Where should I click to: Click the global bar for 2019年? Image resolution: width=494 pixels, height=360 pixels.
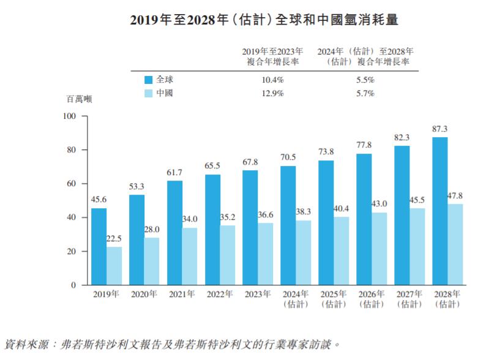click(99, 247)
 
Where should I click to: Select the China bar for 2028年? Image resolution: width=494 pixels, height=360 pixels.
click(455, 244)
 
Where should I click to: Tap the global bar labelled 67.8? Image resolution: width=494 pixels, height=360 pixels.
click(250, 228)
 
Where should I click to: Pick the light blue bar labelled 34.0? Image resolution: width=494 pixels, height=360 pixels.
click(190, 257)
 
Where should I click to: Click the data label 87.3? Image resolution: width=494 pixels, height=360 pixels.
click(440, 129)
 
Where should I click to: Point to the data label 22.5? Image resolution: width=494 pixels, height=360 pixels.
click(114, 239)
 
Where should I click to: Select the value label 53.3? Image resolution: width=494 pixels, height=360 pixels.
click(137, 187)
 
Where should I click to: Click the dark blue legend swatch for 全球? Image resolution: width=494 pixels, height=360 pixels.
click(148, 80)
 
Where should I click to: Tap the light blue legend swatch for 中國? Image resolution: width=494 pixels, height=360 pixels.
click(148, 94)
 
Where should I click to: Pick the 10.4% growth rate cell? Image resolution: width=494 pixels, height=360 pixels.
click(272, 80)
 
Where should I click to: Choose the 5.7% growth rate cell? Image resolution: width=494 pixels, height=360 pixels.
click(365, 94)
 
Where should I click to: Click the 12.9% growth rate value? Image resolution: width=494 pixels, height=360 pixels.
click(272, 94)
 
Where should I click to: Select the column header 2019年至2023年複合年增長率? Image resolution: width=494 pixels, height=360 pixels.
click(272, 57)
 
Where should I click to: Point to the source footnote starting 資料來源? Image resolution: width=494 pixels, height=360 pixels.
click(171, 344)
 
